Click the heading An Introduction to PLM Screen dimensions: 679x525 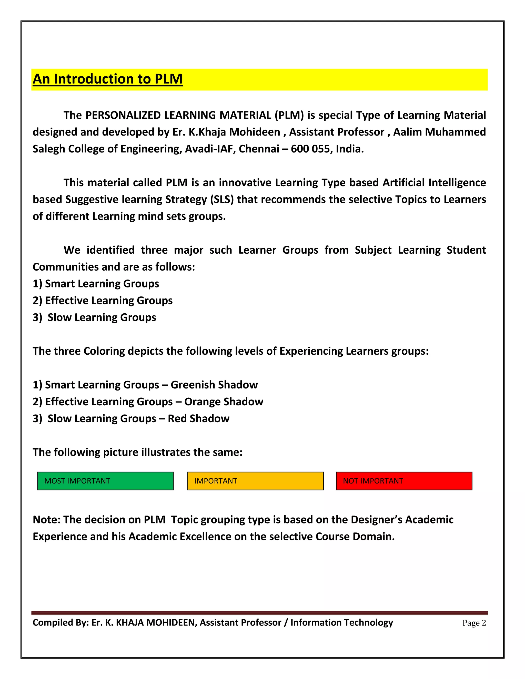pos(108,79)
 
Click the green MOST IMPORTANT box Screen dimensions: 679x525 pos(105,481)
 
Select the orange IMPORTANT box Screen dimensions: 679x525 pos(255,481)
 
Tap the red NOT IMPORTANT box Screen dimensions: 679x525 pos(404,481)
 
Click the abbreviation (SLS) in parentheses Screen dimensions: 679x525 pos(222,200)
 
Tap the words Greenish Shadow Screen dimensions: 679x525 pos(214,385)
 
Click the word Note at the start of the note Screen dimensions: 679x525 pos(46,520)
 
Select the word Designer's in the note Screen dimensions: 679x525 pos(381,520)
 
